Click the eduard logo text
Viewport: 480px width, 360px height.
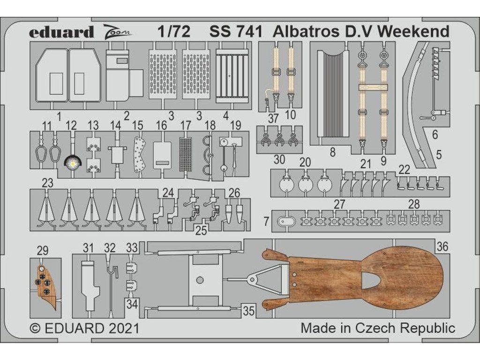coord(61,32)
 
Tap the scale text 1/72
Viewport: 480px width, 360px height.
coord(174,32)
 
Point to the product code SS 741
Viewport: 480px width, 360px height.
coord(236,32)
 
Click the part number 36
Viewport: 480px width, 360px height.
coord(442,246)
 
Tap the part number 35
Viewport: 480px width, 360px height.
coord(248,311)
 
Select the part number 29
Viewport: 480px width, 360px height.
coord(43,250)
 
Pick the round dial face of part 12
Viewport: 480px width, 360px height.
coord(72,163)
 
